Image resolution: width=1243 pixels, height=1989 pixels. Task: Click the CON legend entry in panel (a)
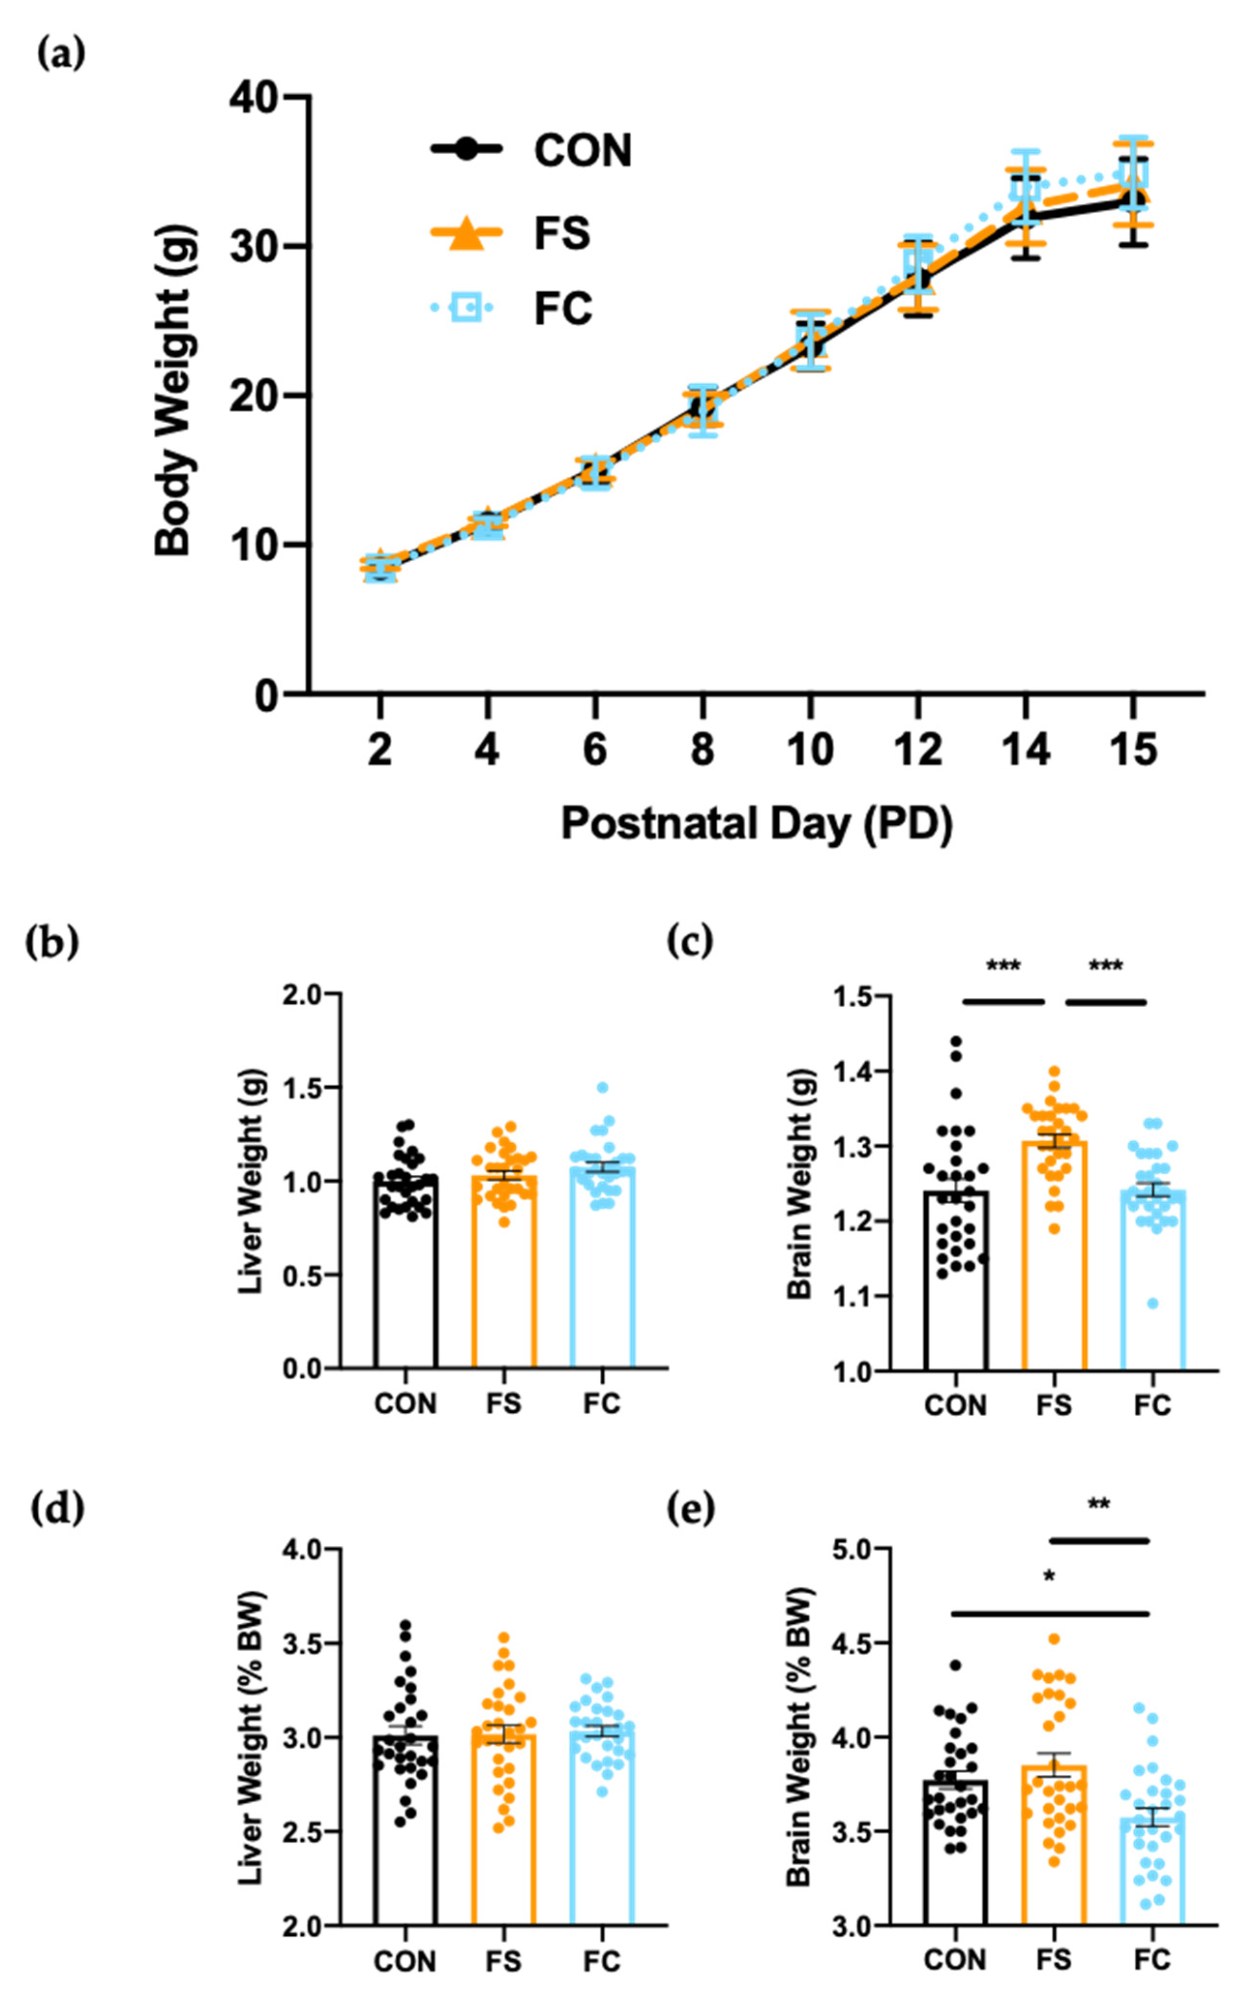point(582,150)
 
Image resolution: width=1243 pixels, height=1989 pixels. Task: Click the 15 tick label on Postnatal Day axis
point(1133,750)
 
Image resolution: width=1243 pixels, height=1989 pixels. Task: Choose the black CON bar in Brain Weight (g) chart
point(955,1283)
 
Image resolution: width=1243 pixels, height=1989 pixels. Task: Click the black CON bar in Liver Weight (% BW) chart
point(405,1834)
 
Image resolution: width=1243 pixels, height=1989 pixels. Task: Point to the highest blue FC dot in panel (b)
point(603,1088)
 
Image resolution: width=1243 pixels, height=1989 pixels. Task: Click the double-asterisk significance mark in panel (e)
point(1098,1505)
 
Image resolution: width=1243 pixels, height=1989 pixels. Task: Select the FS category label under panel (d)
point(503,1962)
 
